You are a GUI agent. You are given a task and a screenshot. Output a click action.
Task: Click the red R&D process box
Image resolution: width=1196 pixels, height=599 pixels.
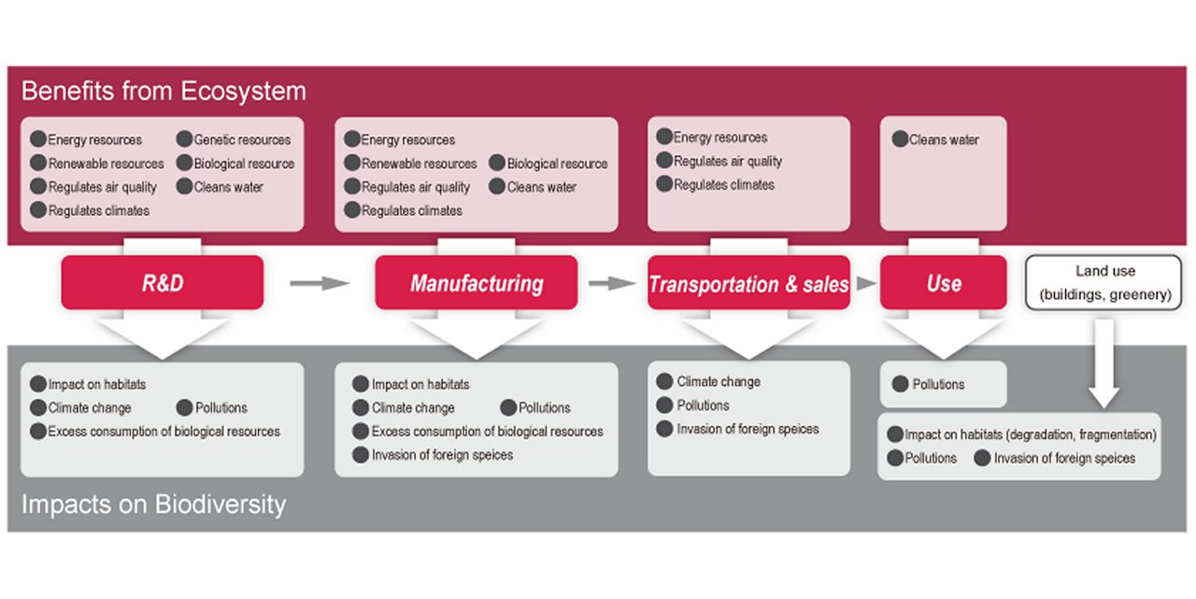click(163, 282)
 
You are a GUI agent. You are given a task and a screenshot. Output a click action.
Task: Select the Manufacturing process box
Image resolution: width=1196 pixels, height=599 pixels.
click(477, 282)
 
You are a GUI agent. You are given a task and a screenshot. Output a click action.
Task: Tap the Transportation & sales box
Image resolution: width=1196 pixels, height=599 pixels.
click(748, 283)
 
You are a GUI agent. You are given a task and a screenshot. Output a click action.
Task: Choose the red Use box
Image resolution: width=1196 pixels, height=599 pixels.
click(943, 282)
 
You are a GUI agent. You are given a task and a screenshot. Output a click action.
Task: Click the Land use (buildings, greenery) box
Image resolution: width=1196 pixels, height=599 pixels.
click(1104, 283)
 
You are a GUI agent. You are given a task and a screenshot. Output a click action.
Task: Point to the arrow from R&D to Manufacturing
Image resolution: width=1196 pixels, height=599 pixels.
click(319, 281)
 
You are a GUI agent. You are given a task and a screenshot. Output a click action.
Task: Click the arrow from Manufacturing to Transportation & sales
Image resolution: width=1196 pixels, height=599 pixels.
click(612, 282)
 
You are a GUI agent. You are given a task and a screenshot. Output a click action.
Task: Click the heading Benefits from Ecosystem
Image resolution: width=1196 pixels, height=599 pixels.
click(164, 91)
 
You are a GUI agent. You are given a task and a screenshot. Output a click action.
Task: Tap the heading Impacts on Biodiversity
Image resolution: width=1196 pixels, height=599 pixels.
click(153, 506)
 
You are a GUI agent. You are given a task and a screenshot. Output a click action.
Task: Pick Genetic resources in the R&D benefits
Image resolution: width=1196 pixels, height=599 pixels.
click(242, 140)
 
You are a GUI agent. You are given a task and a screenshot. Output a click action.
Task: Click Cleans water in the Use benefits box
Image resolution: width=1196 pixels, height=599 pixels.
click(944, 140)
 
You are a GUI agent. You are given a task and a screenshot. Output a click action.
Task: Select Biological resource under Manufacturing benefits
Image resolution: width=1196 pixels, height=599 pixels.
click(557, 164)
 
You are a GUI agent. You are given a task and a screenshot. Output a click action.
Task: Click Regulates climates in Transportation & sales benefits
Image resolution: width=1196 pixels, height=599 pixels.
click(724, 185)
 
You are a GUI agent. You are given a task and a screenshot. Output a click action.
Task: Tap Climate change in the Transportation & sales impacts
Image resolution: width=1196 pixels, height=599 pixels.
click(719, 381)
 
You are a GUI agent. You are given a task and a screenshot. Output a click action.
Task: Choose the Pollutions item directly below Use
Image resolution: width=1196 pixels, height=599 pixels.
click(938, 384)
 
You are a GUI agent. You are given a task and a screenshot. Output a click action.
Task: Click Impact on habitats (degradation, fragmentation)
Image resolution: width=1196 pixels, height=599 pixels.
click(1030, 435)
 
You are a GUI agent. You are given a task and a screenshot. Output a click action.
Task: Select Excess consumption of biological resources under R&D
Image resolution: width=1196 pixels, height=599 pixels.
click(164, 432)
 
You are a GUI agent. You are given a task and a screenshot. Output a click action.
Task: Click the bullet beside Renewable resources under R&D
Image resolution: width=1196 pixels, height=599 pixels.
click(38, 164)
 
